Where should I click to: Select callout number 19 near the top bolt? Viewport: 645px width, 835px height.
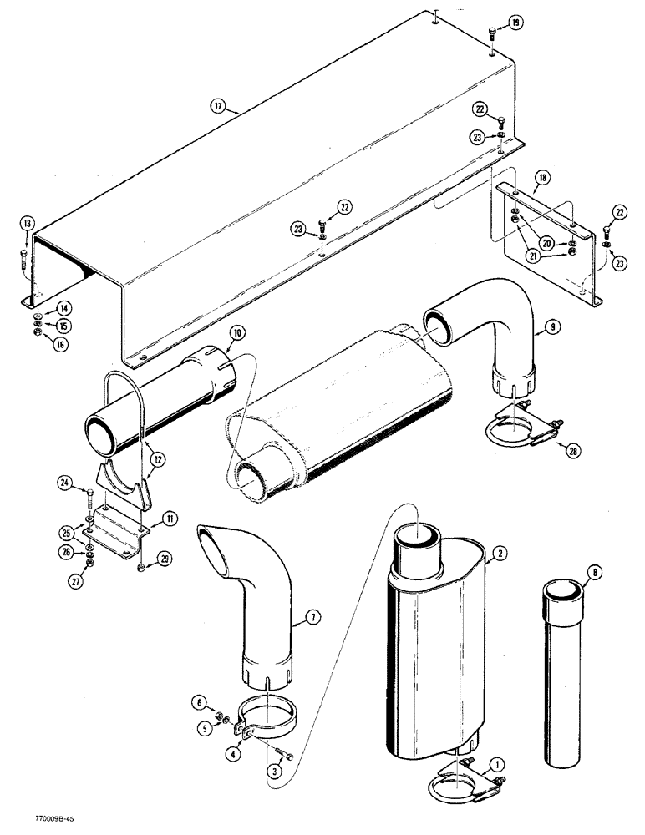(x=515, y=23)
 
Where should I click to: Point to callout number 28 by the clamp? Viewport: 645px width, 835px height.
(x=571, y=452)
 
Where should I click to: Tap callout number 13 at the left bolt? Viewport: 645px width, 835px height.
(x=27, y=223)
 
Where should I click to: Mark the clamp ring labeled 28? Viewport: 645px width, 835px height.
(x=507, y=433)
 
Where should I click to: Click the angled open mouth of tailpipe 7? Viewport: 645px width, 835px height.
(x=219, y=540)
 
